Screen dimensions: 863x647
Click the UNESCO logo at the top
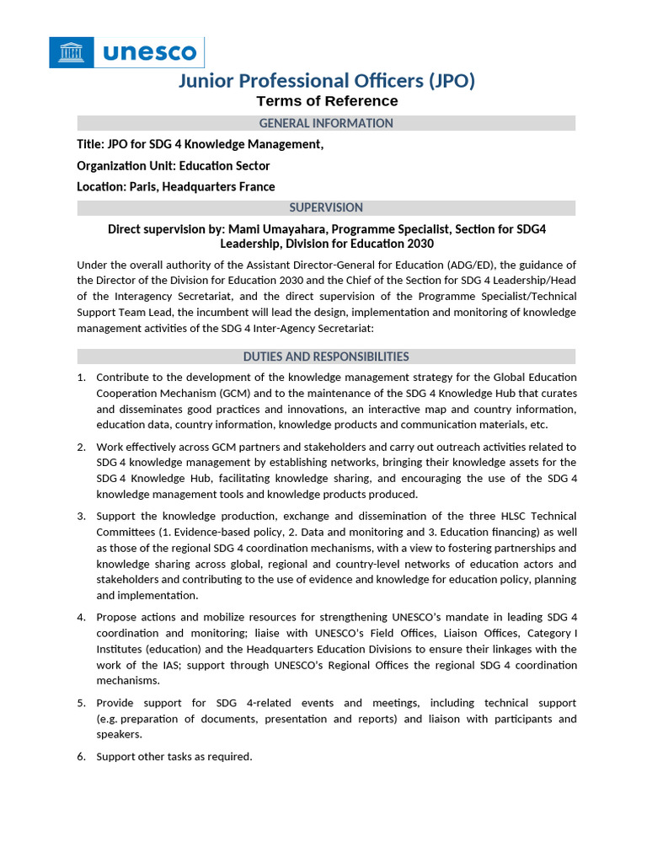pyautogui.click(x=127, y=52)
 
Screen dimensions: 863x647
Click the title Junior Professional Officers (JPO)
pyautogui.click(x=327, y=81)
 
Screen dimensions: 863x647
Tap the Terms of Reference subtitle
pyautogui.click(x=327, y=101)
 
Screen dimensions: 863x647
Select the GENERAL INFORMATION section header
pyautogui.click(x=326, y=123)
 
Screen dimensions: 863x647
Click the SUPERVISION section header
pyautogui.click(x=326, y=207)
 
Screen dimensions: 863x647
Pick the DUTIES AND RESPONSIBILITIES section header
pyautogui.click(x=326, y=356)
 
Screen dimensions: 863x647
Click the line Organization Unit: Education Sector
pyautogui.click(x=174, y=165)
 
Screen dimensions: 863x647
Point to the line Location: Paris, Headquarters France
pyautogui.click(x=176, y=186)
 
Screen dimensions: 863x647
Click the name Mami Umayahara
pyautogui.click(x=275, y=229)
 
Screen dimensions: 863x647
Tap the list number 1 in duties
pyautogui.click(x=81, y=377)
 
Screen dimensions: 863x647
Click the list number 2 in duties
pyautogui.click(x=81, y=447)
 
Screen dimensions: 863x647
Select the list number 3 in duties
pyautogui.click(x=81, y=516)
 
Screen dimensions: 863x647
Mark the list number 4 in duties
pyautogui.click(x=81, y=617)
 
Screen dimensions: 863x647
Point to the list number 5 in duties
pyautogui.click(x=81, y=703)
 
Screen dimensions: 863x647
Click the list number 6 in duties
pyautogui.click(x=81, y=757)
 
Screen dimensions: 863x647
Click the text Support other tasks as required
pyautogui.click(x=174, y=757)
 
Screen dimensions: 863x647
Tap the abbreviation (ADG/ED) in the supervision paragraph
pyautogui.click(x=472, y=265)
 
